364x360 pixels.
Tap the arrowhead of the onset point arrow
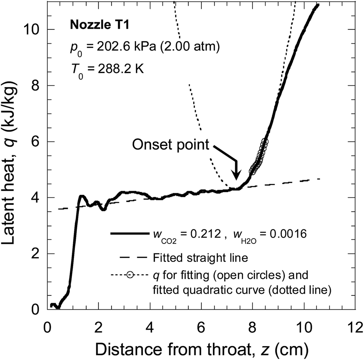[236, 177]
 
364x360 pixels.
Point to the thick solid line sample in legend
[128, 234]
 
